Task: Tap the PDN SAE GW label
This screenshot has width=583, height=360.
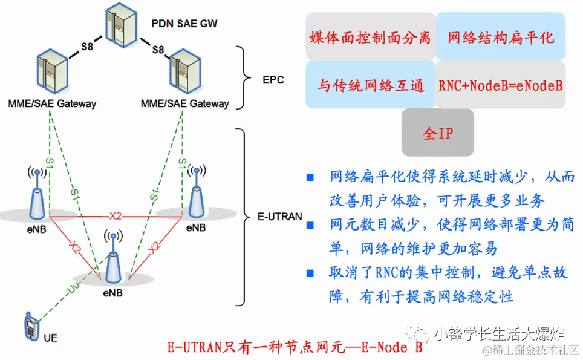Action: pos(184,24)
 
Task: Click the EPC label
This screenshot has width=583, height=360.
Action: pos(273,80)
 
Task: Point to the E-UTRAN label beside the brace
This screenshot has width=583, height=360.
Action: pos(280,216)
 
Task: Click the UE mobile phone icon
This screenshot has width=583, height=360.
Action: pos(30,327)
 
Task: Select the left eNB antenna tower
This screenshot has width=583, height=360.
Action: pos(37,192)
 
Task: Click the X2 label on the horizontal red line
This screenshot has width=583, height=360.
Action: pos(116,215)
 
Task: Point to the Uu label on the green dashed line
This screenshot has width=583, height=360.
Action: pos(72,290)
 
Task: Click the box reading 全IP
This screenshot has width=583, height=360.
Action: pos(437,133)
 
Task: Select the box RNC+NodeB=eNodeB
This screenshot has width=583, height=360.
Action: pos(500,85)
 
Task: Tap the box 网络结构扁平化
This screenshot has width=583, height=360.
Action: pos(501,38)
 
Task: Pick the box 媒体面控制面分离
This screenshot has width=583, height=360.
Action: pos(370,38)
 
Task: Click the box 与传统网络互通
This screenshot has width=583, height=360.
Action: pos(370,85)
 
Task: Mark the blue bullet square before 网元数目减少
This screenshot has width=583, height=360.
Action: pos(310,225)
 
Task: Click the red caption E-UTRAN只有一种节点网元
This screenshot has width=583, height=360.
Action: pos(294,348)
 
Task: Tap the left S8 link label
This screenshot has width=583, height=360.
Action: pos(87,45)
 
